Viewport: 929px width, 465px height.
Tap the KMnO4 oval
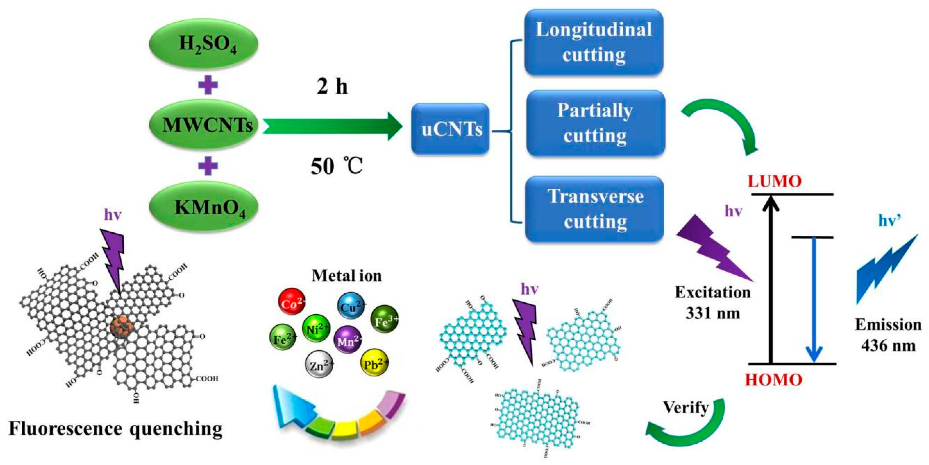[204, 207]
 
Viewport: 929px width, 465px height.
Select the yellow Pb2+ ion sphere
[374, 364]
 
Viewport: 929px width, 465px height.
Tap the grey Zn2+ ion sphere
[318, 365]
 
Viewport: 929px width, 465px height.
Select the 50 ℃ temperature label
[336, 167]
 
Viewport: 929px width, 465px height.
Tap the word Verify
[685, 408]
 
